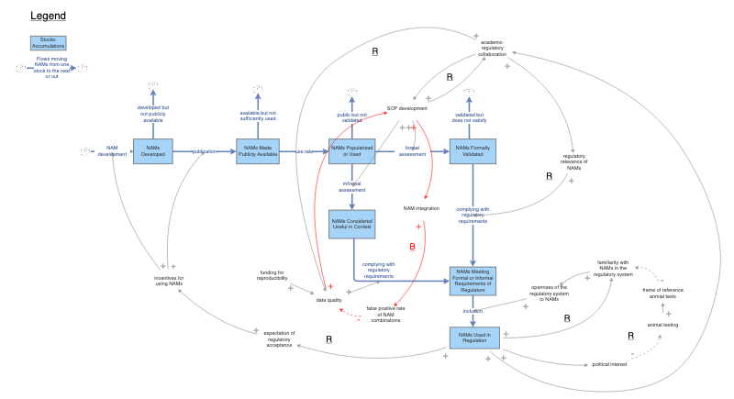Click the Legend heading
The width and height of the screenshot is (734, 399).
[48, 17]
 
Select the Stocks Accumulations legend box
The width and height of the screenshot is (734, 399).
[48, 43]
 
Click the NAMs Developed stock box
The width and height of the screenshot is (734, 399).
[152, 151]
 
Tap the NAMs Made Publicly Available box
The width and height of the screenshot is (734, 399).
[257, 151]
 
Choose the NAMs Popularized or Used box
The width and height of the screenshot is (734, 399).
[352, 151]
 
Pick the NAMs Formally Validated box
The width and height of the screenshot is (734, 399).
[473, 151]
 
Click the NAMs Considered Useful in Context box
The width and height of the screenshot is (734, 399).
[352, 223]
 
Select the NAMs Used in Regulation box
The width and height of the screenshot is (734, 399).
[473, 337]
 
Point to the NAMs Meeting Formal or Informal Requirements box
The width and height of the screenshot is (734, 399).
[473, 279]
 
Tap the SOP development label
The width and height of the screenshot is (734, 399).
[407, 108]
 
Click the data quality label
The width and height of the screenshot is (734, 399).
[328, 300]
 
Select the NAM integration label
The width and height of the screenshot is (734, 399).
[421, 208]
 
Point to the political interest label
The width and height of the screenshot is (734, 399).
[609, 364]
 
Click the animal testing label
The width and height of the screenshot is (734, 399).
[662, 325]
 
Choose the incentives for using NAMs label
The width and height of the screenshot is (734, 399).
[169, 280]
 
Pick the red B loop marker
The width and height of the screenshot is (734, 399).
[412, 247]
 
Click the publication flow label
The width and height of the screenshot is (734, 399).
[205, 151]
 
